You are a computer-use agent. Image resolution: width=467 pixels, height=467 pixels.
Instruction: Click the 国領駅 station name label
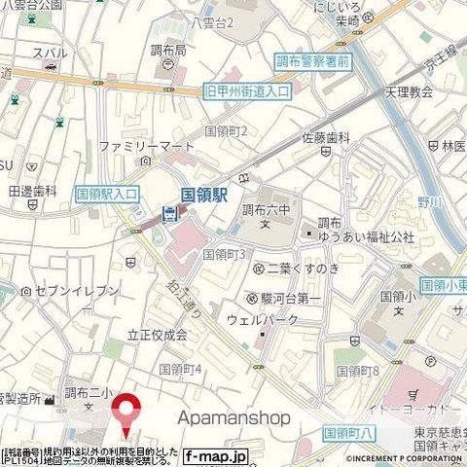coord(203,195)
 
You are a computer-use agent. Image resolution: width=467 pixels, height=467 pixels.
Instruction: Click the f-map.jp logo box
coord(216,455)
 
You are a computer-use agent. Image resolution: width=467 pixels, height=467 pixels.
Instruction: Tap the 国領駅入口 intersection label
coord(108,194)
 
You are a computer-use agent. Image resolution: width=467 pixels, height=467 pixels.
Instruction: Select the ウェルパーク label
coord(281,319)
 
